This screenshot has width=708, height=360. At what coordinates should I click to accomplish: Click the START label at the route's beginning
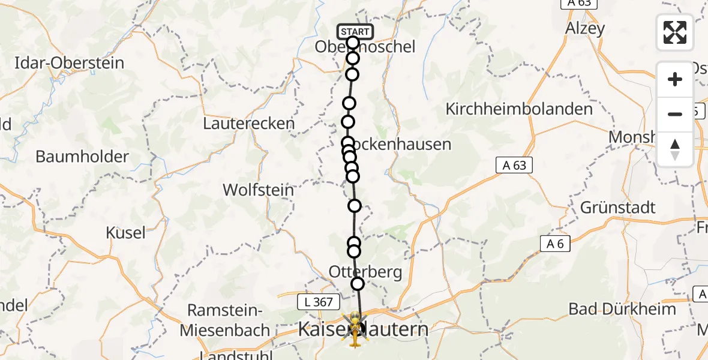(355, 32)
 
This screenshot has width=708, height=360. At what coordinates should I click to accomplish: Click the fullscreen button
(675, 32)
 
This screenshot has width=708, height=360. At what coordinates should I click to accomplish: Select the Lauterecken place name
(249, 124)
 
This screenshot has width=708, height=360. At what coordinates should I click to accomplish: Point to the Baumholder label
(82, 157)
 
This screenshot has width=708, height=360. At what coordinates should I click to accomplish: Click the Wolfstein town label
(258, 190)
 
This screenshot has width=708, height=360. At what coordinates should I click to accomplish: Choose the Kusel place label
(126, 233)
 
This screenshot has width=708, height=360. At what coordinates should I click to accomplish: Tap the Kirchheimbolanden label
(519, 109)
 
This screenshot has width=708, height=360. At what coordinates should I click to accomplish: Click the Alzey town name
(585, 28)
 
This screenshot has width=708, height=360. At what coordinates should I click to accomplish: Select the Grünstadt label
(618, 208)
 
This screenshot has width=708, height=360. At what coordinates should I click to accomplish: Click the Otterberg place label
(365, 272)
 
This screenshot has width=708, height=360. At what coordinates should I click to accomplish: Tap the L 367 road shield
(319, 302)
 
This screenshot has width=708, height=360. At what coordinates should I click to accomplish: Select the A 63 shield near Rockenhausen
(514, 165)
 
